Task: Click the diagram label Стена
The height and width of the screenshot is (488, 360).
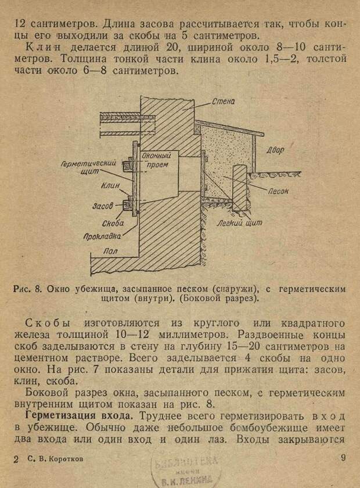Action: (x=223, y=102)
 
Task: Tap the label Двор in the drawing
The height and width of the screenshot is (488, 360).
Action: (x=275, y=150)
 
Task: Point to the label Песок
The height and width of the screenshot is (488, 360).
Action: (x=278, y=191)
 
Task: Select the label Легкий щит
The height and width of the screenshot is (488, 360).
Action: (x=240, y=223)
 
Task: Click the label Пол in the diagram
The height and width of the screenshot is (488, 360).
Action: (x=110, y=251)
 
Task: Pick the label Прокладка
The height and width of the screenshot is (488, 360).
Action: (x=102, y=236)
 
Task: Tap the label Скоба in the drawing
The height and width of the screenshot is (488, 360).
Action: (x=113, y=223)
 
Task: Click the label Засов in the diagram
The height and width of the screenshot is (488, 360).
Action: (x=102, y=206)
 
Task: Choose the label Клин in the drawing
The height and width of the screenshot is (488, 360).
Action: (x=110, y=186)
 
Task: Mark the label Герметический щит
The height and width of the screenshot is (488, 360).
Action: (x=88, y=167)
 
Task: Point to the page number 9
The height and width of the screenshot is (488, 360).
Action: (x=343, y=458)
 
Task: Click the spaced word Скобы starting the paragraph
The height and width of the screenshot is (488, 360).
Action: (x=48, y=323)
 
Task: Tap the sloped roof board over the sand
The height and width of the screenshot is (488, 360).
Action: (x=229, y=127)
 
